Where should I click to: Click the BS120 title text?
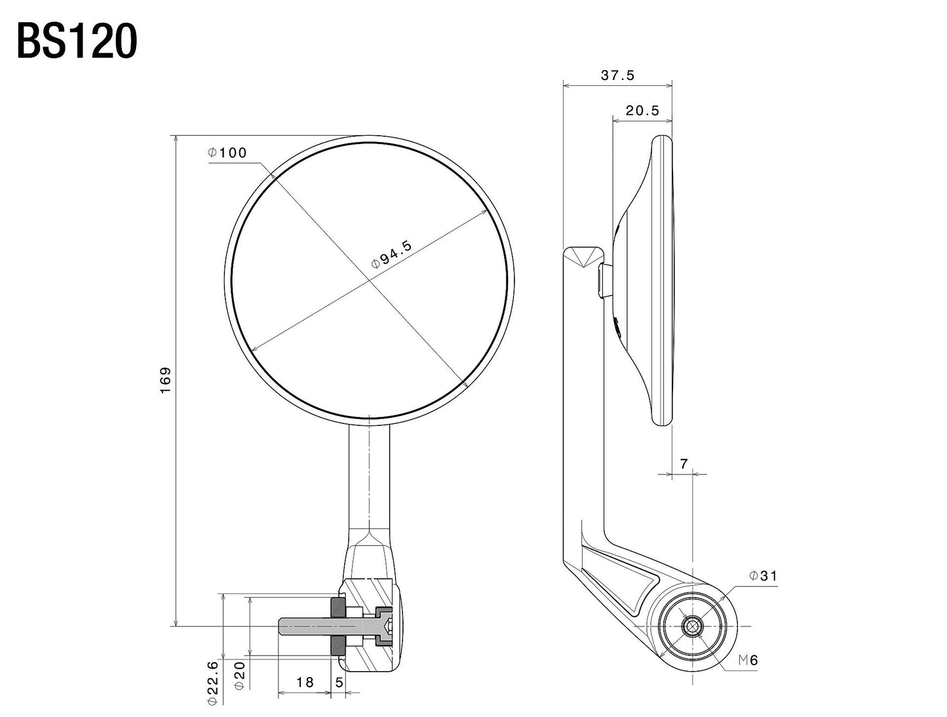coord(77,43)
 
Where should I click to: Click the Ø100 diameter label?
coord(227,153)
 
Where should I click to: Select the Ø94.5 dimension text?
coord(391,255)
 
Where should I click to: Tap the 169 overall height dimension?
coord(165,380)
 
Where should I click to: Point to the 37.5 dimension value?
coord(617,75)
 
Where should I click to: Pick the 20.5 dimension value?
coord(642,111)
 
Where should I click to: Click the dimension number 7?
coord(684,464)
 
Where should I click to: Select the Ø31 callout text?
coord(763,576)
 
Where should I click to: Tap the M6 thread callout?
coord(748,661)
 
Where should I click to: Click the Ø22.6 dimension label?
coord(212,682)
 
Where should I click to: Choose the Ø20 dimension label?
coord(239,675)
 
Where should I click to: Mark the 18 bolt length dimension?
coord(305,682)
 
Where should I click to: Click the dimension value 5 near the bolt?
coord(339,682)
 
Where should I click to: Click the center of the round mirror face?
coord(370,281)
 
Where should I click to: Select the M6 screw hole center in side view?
coord(691,627)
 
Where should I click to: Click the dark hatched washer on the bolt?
coord(338,627)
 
